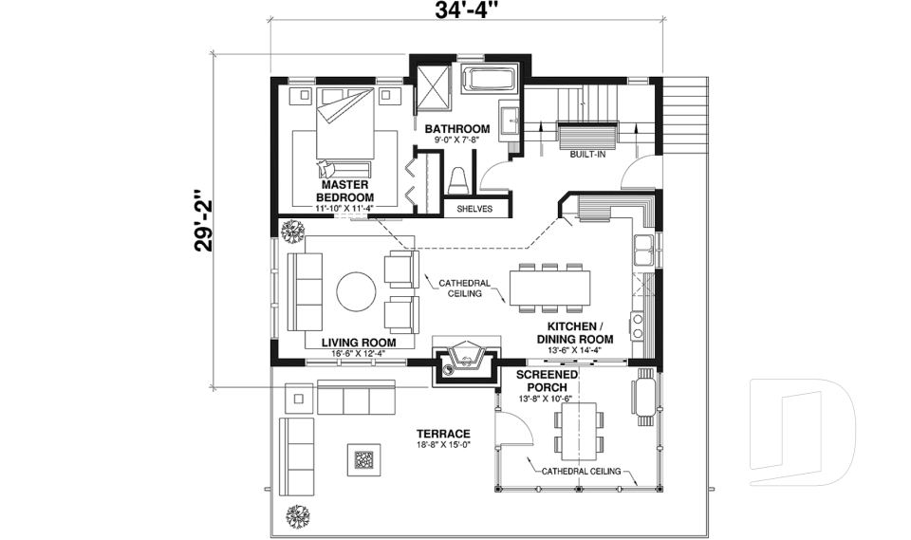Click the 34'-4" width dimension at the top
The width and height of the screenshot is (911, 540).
point(467,10)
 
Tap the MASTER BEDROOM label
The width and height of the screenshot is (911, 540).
point(344,191)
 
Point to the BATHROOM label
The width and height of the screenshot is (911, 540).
point(457,128)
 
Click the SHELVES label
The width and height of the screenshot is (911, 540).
point(474,209)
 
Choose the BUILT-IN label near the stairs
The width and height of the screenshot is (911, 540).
point(587,155)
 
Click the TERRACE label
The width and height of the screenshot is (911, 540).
point(443,434)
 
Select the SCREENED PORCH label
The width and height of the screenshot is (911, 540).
point(547,381)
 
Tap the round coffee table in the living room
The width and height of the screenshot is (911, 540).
point(357,291)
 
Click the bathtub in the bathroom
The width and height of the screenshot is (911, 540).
point(489,80)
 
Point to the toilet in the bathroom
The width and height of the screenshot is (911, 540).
point(457,180)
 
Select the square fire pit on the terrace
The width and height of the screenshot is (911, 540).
point(364,459)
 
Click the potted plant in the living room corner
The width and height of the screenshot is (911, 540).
point(292,231)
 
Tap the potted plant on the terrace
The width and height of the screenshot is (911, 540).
point(298,515)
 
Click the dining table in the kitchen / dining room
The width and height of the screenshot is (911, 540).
point(549,288)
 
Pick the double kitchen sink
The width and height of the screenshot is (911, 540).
point(643,251)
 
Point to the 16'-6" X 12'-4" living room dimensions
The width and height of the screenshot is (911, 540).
point(359,353)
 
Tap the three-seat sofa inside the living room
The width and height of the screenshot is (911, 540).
point(305,291)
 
